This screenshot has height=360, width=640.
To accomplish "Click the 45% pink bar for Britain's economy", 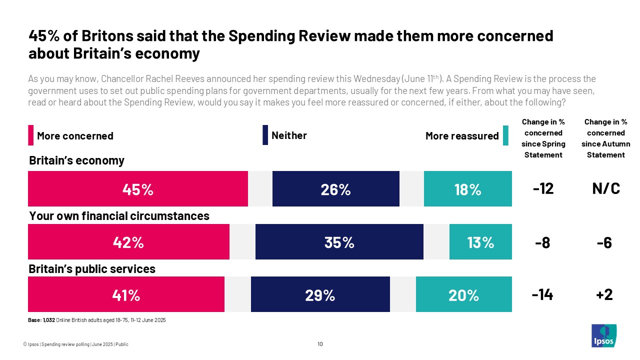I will click(x=138, y=189).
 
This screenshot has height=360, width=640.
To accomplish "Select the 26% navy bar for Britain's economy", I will click(x=335, y=189).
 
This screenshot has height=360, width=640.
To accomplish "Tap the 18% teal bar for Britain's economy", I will click(x=467, y=189).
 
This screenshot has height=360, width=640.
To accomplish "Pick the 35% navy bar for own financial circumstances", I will click(x=339, y=242).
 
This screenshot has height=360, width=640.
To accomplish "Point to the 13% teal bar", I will click(x=480, y=242).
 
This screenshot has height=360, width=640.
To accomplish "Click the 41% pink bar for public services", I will click(x=126, y=294).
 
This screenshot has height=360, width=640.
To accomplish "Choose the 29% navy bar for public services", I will click(x=320, y=294).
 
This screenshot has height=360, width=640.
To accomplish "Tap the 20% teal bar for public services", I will click(x=463, y=294).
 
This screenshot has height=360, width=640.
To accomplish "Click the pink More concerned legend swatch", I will click(x=31, y=135).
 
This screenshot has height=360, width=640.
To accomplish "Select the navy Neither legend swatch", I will click(x=265, y=135).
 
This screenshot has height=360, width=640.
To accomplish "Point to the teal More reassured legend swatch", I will click(x=505, y=135).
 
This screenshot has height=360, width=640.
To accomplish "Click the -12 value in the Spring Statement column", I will click(x=543, y=189).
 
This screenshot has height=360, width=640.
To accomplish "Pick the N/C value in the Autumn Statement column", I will click(x=605, y=189).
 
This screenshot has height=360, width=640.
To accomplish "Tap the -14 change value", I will click(x=542, y=295).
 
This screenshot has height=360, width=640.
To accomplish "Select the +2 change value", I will click(x=605, y=295).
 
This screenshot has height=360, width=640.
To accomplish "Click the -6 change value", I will click(x=604, y=242).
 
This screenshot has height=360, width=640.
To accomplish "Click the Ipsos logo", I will click(x=603, y=336).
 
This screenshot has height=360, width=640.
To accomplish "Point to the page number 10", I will click(x=320, y=344).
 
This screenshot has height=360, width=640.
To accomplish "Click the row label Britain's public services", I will click(x=92, y=269).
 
